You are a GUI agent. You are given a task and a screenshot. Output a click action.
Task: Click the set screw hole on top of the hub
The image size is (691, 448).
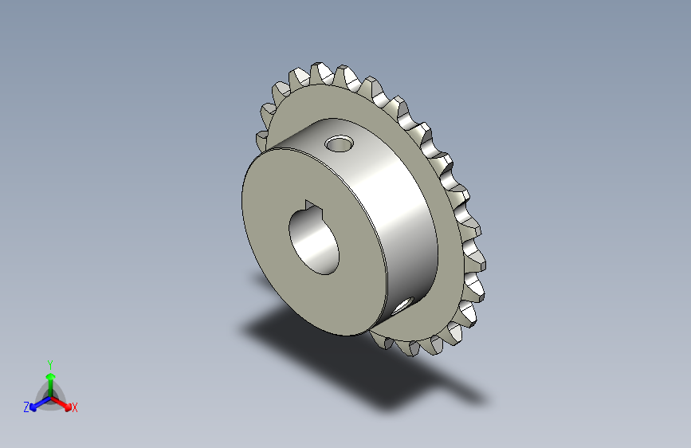pos(340,143)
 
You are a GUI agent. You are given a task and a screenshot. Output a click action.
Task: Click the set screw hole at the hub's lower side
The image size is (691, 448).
pos(402,305)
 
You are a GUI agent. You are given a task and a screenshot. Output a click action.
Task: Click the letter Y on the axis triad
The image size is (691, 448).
pos(50,365)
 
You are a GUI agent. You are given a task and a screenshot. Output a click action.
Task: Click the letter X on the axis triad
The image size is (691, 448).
pos(74,407)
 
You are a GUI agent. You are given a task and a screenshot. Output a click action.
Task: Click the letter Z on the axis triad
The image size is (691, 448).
pos(26,407)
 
